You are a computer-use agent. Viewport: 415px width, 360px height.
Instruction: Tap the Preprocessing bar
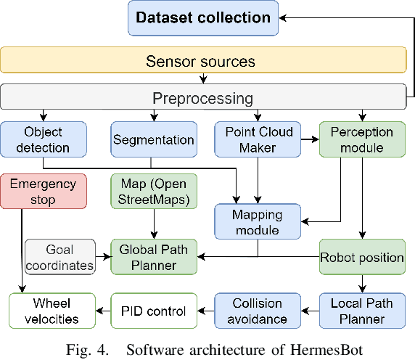(x=203, y=97)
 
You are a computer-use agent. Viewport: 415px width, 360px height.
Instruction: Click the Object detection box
(x=44, y=139)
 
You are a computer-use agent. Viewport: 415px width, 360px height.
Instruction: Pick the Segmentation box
(x=154, y=139)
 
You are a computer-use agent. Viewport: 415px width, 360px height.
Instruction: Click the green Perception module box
(x=361, y=139)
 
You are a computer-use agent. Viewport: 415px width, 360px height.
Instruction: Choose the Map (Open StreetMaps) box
(x=154, y=191)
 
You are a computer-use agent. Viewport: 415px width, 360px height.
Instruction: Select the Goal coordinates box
(x=60, y=257)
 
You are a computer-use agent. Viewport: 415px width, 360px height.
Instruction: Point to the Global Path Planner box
(x=154, y=257)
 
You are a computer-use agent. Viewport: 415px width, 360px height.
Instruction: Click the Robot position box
(x=362, y=257)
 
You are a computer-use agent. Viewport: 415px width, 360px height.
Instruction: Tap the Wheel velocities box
(x=52, y=311)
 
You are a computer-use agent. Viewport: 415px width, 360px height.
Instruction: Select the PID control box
(x=153, y=311)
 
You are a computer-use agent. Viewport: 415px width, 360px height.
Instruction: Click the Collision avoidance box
(x=258, y=311)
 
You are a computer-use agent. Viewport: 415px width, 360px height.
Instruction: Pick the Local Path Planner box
(x=362, y=311)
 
